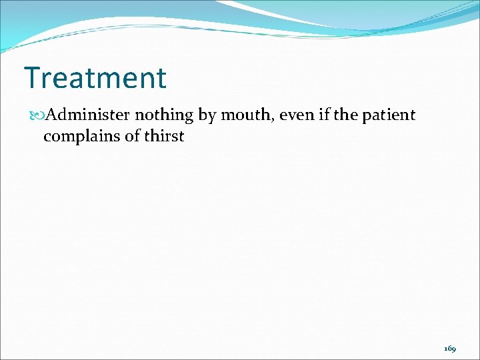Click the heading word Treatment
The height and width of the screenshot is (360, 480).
[95, 78]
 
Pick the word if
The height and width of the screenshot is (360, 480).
[324, 115]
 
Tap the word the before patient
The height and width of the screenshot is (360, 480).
[346, 115]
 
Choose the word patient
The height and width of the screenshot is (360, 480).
[389, 116]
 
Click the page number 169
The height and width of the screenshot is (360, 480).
[450, 349]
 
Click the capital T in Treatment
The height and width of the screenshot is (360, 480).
[31, 78]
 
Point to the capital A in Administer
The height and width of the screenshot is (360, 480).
[53, 115]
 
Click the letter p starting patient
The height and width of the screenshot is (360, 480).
[367, 117]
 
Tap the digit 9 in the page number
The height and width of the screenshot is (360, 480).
[454, 349]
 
